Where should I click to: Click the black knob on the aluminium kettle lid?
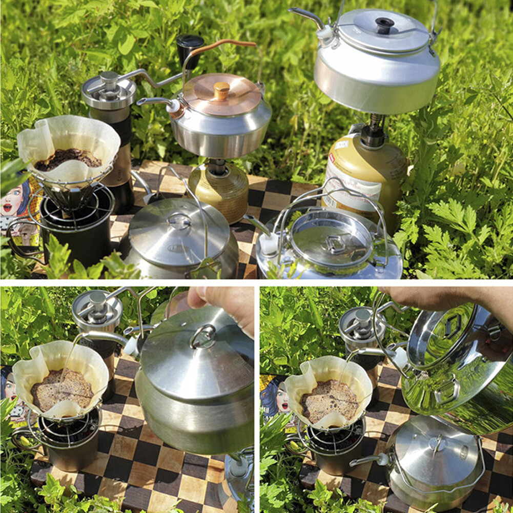coord(384,24)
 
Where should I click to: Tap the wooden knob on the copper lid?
coord(221,90)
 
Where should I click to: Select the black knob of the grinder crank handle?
coord(190,45)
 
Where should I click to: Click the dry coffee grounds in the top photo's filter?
coord(68,158)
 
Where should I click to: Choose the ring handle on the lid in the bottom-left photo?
coord(203,336)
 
